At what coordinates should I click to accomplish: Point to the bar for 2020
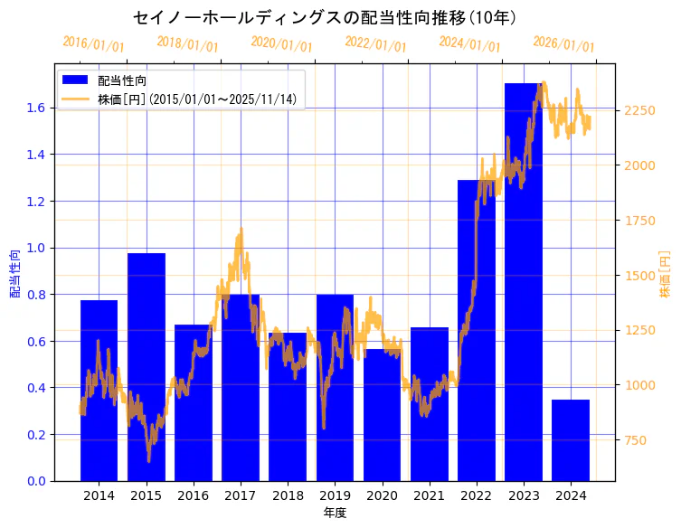[x=382, y=415]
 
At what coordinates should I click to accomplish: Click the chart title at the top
[x=325, y=17]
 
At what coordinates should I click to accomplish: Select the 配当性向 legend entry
[x=121, y=80]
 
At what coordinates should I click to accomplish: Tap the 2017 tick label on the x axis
[x=241, y=495]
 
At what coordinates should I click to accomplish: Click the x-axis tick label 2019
[x=335, y=495]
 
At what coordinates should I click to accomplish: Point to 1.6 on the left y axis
[x=35, y=108]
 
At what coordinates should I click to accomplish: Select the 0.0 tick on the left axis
[x=35, y=481]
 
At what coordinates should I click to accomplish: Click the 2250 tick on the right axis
[x=640, y=110]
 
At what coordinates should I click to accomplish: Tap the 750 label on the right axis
[x=637, y=440]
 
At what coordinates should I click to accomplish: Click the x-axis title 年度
[x=335, y=513]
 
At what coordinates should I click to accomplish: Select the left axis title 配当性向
[x=14, y=273]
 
